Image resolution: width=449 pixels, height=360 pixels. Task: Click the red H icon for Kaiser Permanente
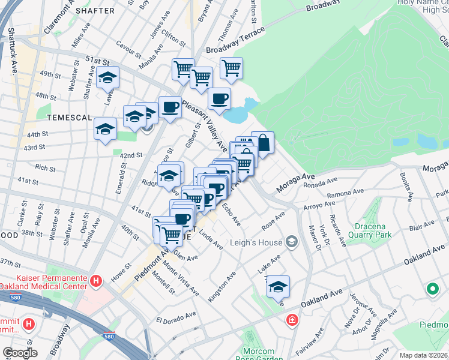[95, 281]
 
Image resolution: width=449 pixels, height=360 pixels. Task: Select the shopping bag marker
[263, 143]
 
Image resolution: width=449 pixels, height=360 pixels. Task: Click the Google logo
[19, 353]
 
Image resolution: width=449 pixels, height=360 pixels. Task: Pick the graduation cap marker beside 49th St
[108, 77]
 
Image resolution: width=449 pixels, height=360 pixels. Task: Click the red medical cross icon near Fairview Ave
[292, 320]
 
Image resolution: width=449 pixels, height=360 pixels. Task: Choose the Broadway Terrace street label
[235, 41]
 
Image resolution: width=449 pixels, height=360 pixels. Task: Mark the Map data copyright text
[423, 355]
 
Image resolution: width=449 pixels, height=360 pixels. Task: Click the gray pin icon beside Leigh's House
[292, 242]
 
